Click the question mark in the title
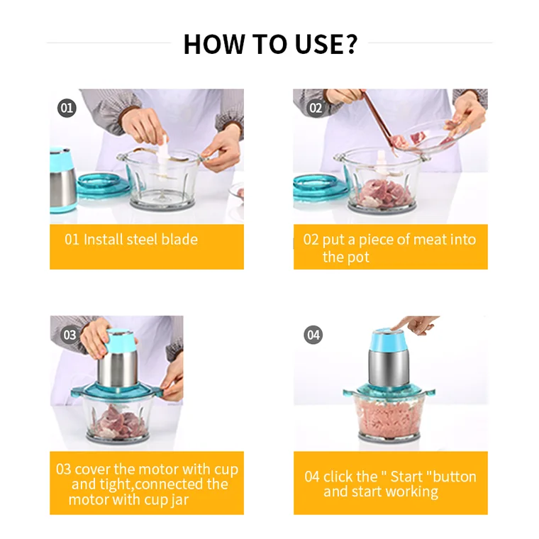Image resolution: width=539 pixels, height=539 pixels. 350,44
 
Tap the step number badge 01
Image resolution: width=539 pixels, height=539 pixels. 67,108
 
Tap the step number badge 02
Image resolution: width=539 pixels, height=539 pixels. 316,108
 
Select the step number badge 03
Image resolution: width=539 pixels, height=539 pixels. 70,335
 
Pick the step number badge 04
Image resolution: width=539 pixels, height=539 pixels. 313,335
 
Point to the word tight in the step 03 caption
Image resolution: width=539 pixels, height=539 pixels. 117,484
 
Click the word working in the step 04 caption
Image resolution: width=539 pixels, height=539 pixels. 412,492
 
